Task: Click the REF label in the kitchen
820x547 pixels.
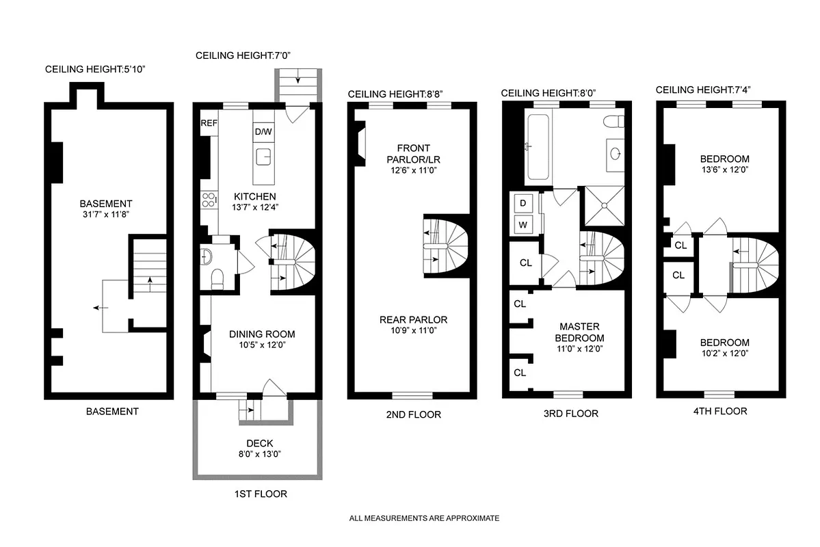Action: pos(209,124)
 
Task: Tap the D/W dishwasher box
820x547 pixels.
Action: pos(263,131)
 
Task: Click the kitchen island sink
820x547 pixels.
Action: pos(263,157)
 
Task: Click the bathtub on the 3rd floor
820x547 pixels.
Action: pos(537,147)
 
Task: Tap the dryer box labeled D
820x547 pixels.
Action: pos(523,203)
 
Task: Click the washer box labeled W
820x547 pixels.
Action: pos(523,224)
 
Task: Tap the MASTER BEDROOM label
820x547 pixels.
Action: pos(579,332)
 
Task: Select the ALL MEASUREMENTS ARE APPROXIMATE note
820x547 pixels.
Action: pos(424,518)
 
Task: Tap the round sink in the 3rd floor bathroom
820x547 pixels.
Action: pos(615,153)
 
